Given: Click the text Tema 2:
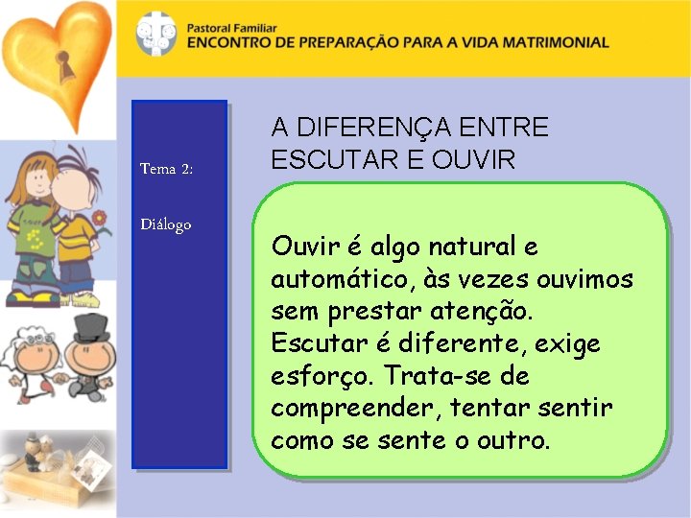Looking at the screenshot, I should (166, 169).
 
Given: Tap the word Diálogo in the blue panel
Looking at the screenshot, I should (165, 224).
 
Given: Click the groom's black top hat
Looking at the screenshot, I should (90, 328).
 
